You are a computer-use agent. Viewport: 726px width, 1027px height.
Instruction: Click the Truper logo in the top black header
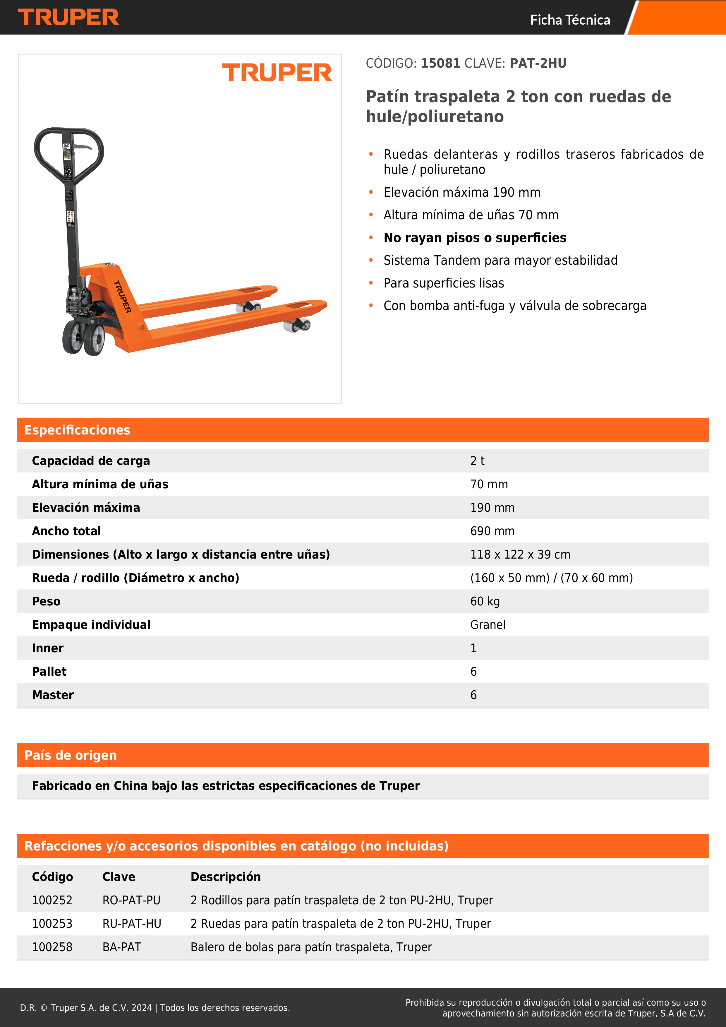pyautogui.click(x=68, y=18)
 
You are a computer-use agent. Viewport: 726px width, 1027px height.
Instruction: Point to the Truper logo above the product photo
pyautogui.click(x=277, y=73)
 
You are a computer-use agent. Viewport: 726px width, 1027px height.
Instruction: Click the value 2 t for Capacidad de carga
pyautogui.click(x=477, y=461)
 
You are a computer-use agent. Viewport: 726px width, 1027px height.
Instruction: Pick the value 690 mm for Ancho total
pyautogui.click(x=492, y=531)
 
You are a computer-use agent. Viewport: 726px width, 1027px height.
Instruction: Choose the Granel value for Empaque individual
pyautogui.click(x=488, y=625)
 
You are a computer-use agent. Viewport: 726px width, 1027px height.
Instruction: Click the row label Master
pyautogui.click(x=53, y=695)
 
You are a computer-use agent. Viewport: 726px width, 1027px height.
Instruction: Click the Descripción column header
pyautogui.click(x=225, y=877)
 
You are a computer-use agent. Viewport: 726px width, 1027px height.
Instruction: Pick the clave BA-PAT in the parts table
pyautogui.click(x=122, y=947)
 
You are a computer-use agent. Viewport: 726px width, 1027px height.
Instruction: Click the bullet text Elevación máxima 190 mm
pyautogui.click(x=462, y=192)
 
